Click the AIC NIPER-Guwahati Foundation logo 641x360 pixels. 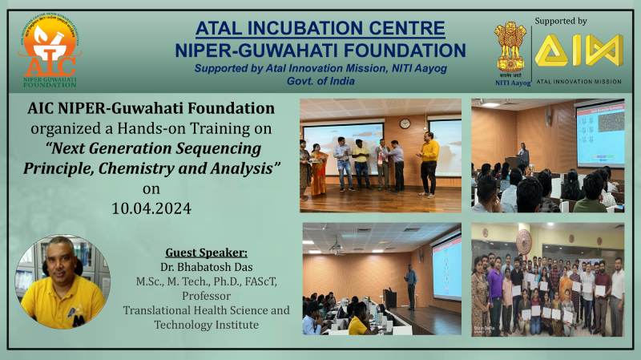(x=50, y=51)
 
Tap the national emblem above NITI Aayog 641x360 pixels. (x=510, y=47)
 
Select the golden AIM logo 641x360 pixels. (x=579, y=51)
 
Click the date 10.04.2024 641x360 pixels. (x=151, y=208)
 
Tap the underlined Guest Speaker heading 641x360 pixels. (x=206, y=253)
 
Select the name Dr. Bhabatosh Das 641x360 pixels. (x=207, y=267)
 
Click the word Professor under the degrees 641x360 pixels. (x=207, y=296)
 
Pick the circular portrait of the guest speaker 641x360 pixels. (x=62, y=282)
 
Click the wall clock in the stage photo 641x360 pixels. (x=405, y=123)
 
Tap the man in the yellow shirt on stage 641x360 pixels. (x=429, y=164)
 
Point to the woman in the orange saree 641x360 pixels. (x=319, y=170)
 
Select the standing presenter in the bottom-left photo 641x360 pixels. (x=410, y=287)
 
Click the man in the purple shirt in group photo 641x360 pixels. (x=496, y=293)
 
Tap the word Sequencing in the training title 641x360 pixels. (x=218, y=148)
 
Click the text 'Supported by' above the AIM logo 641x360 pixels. (x=560, y=22)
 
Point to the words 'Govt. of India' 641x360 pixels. (x=320, y=81)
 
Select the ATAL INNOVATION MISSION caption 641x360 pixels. (x=579, y=82)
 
